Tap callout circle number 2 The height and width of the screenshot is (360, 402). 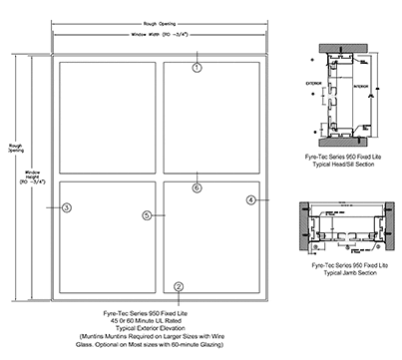click(178, 287)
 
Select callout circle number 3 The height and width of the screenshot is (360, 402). click(66, 207)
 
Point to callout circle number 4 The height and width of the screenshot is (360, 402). click(251, 200)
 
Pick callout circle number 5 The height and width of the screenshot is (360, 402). click(147, 214)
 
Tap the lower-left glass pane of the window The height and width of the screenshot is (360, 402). click(107, 238)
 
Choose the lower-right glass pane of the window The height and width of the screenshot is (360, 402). click(213, 238)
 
